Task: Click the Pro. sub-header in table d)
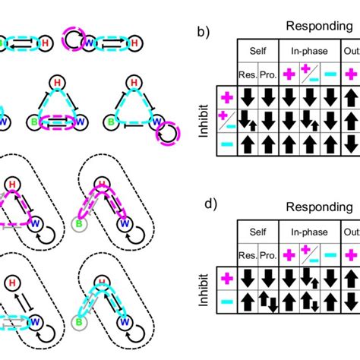(x=266, y=251)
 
